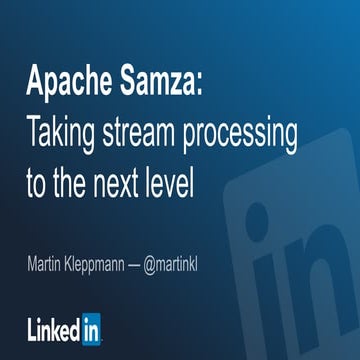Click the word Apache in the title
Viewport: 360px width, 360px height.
click(x=66, y=78)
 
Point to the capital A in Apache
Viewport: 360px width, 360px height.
click(x=35, y=78)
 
